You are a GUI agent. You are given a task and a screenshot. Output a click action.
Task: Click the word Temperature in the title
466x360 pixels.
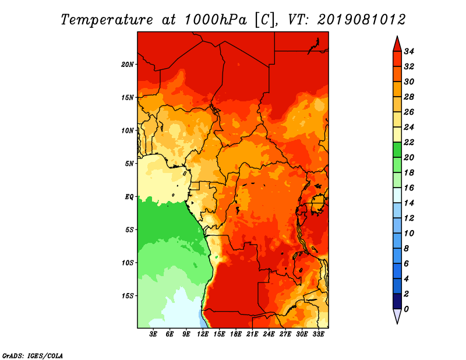107,20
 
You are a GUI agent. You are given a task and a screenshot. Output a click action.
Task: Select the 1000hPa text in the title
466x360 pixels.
216,20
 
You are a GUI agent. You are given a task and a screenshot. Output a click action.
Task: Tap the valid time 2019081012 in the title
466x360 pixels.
361,20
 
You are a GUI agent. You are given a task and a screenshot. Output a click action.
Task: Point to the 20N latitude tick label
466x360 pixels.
128,65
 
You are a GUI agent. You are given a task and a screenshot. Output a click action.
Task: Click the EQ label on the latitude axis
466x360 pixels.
129,197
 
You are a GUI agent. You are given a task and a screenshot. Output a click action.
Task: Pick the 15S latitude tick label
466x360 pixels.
128,296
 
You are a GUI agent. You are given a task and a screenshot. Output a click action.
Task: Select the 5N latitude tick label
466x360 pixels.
129,164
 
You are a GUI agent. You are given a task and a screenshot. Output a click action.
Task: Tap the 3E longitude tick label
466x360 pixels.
153,334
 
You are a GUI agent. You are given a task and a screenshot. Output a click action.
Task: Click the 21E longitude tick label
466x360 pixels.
252,334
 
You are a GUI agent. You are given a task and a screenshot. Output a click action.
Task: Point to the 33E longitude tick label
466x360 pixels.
318,334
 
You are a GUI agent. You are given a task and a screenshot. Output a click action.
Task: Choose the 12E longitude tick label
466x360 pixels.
202,334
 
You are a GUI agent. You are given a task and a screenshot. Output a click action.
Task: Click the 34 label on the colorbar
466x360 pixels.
409,51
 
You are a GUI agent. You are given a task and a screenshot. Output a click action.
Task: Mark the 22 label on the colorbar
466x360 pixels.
409,142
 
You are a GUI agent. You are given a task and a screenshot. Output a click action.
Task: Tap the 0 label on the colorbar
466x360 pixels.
406,309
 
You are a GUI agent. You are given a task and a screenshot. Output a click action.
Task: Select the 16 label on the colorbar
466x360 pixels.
409,188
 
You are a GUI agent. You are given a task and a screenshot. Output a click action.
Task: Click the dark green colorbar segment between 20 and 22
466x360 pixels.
397,150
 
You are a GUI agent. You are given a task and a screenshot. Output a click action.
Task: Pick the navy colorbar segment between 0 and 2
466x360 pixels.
397,301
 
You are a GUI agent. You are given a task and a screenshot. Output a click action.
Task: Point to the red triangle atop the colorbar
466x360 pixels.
397,45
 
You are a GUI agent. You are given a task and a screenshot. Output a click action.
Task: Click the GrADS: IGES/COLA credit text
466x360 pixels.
33,356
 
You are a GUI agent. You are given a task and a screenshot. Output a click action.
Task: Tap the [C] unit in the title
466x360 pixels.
264,20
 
